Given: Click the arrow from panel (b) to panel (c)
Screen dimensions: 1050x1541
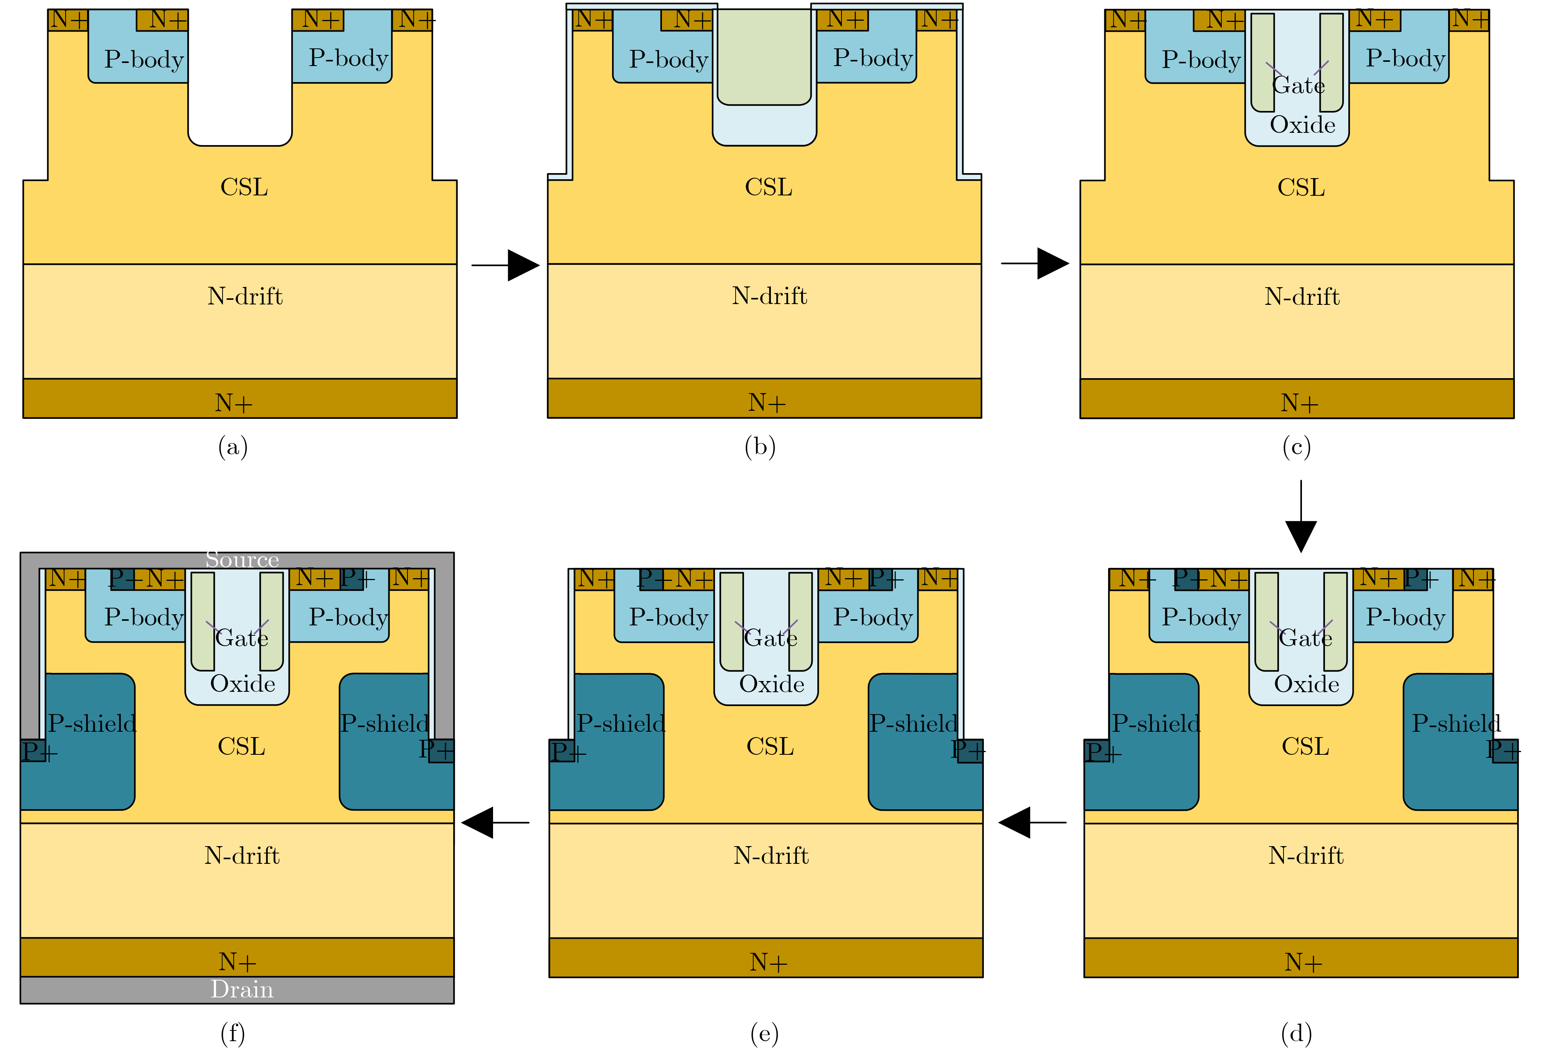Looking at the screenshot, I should pos(1035,263).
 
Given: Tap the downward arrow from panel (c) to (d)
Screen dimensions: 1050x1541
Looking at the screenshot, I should pos(1301,516).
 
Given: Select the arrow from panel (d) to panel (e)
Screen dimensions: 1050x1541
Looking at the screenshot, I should pos(1032,822).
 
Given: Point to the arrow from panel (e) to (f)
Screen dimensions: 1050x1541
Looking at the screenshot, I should pos(495,822).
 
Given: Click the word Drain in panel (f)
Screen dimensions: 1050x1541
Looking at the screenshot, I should pos(242,989).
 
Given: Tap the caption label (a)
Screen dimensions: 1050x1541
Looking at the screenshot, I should pos(233,447).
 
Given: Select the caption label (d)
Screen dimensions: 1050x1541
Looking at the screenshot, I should pos(1296,1033).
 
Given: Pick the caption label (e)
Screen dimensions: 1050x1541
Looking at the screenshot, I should pos(764,1033).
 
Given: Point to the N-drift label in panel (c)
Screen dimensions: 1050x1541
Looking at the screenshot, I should pos(1302,296).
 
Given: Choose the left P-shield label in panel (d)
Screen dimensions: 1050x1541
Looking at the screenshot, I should pos(1156,723).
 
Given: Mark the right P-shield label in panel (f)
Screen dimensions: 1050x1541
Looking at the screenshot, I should pos(384,723).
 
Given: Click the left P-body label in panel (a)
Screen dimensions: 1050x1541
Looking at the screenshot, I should pos(144,59).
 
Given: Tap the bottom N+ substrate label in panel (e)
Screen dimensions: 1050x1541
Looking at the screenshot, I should pos(768,962).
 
